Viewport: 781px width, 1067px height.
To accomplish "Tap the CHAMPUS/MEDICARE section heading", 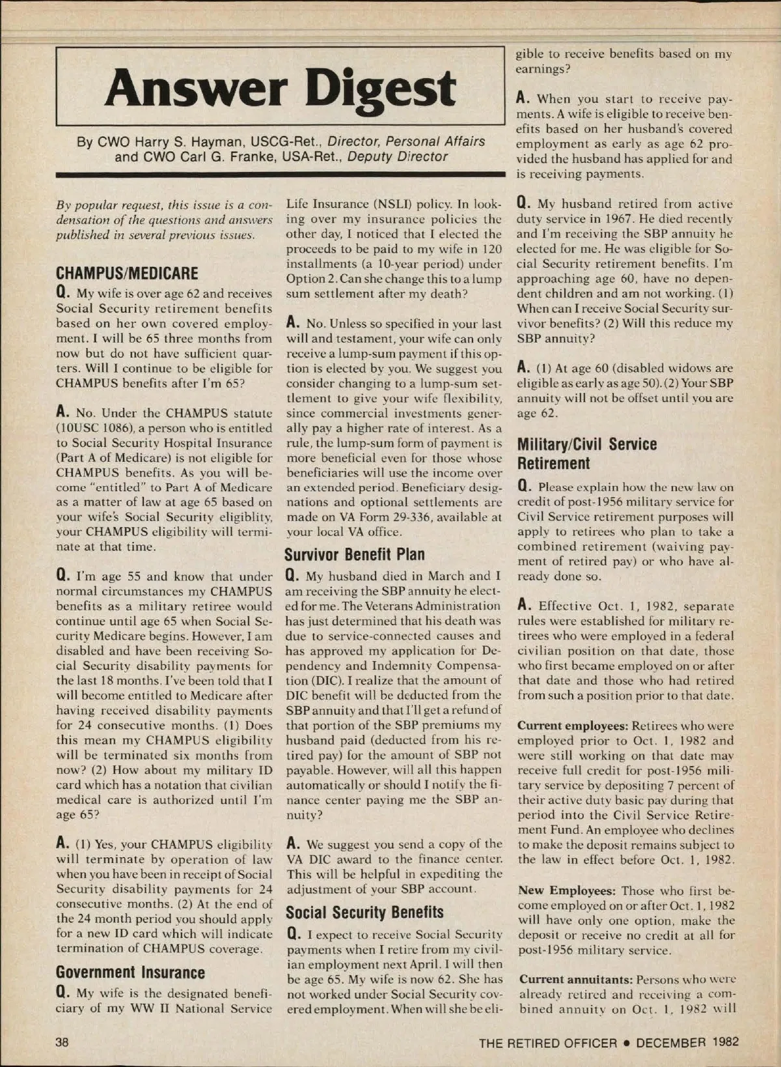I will point(127,273).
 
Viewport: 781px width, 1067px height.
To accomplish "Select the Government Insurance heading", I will point(130,973).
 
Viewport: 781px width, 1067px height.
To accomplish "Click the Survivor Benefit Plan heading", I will point(355,554).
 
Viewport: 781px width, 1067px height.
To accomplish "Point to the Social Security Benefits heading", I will point(364,912).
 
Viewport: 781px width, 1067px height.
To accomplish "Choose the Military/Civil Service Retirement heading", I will point(587,454).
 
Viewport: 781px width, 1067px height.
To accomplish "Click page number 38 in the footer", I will point(62,1042).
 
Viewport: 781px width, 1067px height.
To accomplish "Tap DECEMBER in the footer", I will point(671,1042).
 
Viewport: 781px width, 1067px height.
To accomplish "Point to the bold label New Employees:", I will point(566,890).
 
